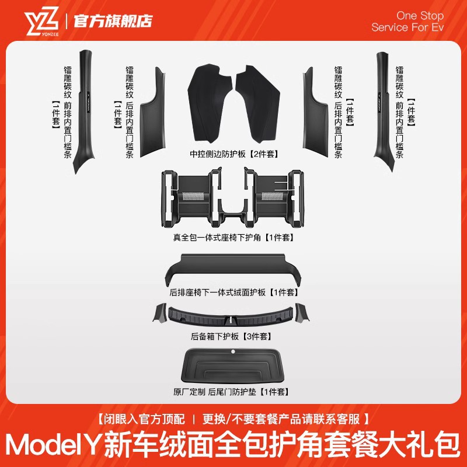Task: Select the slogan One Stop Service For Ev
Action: pos(407,22)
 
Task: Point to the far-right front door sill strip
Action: pos(387,111)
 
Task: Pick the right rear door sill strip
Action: pos(314,114)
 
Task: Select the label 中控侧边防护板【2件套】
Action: pos(233,155)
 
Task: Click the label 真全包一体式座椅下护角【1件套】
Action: pos(233,238)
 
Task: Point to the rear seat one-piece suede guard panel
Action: pos(233,270)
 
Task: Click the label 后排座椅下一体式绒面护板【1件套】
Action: pos(233,292)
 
